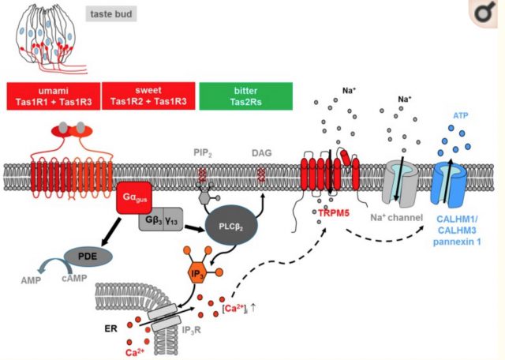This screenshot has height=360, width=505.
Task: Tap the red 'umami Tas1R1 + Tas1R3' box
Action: (52, 95)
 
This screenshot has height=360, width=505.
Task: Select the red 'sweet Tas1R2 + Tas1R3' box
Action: (148, 95)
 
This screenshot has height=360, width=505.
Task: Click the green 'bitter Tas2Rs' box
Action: (245, 95)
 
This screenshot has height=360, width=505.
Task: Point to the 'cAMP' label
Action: (72, 278)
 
